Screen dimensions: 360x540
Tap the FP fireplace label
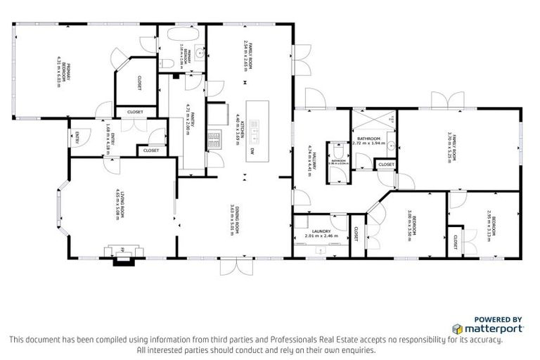[122, 249]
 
